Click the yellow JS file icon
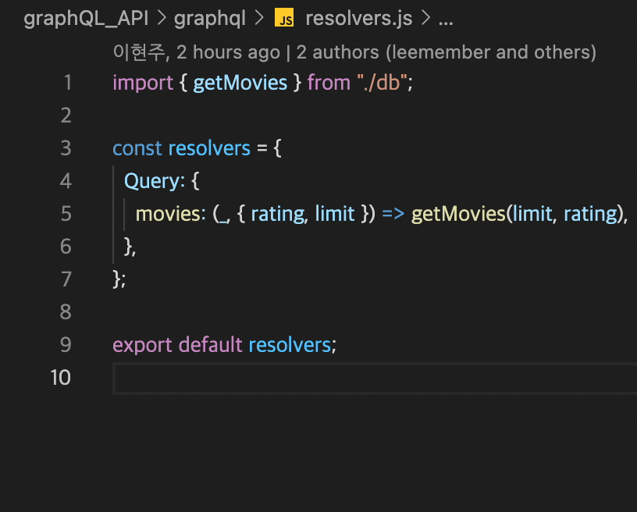284,19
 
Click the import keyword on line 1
143,83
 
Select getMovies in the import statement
240,83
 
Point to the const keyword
137,148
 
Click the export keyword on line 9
143,345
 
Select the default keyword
210,345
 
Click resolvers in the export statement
290,345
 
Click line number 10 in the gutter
61,378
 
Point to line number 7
66,279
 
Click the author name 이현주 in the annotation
139,53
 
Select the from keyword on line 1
329,83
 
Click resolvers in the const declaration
209,148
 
